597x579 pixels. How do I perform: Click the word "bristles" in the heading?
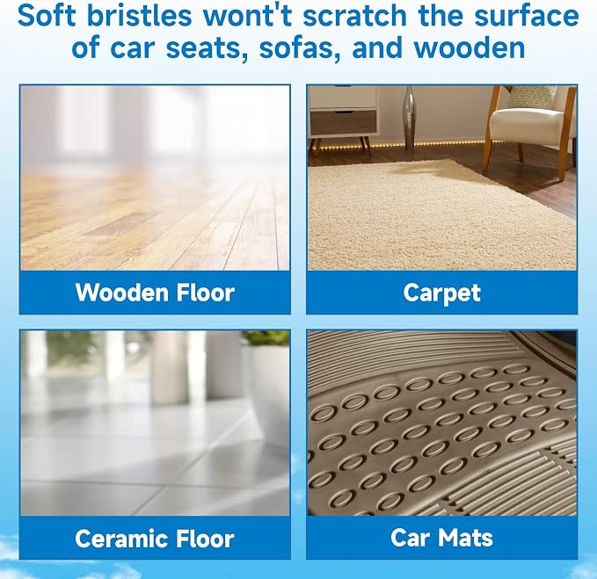click(139, 16)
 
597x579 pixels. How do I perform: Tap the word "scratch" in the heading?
click(355, 16)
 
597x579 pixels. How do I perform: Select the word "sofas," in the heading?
click(300, 48)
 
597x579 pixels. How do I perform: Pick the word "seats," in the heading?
click(207, 48)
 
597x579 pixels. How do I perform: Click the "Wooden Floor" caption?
click(155, 293)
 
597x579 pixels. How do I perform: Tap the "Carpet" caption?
click(442, 293)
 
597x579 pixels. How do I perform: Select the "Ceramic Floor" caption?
click(155, 539)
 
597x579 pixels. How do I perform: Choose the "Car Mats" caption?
click(441, 538)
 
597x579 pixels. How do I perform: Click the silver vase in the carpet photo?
click(410, 118)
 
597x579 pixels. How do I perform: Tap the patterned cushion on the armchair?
click(532, 97)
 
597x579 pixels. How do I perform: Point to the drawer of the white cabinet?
click(344, 121)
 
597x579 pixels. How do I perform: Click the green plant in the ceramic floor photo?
click(266, 337)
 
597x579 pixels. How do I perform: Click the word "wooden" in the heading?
click(470, 48)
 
